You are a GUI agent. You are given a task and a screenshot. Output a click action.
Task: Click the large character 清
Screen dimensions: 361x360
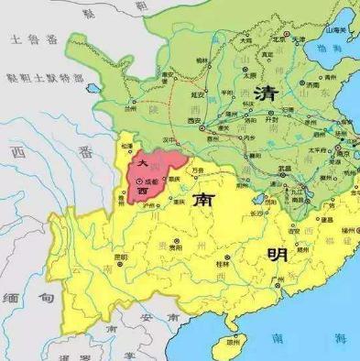[267, 94]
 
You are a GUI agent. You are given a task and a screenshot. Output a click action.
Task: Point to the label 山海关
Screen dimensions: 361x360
[340, 30]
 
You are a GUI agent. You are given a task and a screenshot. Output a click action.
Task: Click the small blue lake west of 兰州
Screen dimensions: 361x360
[93, 89]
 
